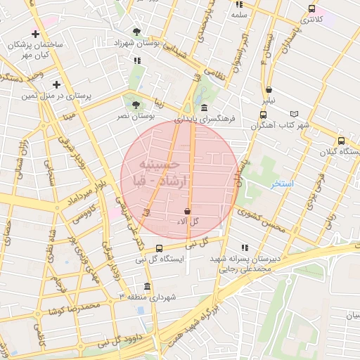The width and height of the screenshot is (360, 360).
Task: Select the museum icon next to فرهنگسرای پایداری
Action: click(x=204, y=108)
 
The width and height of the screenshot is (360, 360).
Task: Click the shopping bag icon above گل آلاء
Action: click(x=187, y=211)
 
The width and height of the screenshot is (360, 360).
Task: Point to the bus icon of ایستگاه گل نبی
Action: click(x=159, y=248)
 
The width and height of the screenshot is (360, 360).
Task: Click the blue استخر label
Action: click(x=282, y=184)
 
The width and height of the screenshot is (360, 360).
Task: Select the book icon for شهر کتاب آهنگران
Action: click(x=294, y=114)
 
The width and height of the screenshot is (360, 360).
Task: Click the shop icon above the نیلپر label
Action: click(x=269, y=89)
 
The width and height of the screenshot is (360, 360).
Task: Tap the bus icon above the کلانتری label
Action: click(x=311, y=8)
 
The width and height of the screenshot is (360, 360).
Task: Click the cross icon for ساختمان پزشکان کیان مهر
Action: click(x=35, y=34)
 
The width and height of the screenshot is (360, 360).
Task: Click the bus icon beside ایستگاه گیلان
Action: click(x=342, y=141)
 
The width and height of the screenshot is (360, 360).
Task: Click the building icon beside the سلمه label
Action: click(x=239, y=4)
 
